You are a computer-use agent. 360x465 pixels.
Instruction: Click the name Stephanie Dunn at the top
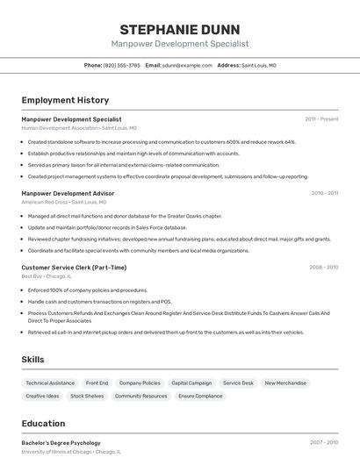coord(180,29)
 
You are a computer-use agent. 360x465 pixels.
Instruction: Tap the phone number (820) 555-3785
coord(122,65)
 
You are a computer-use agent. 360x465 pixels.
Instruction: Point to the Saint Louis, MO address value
coord(259,65)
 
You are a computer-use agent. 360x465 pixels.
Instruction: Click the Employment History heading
coord(65,101)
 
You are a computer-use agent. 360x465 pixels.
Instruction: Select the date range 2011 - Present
coord(321,119)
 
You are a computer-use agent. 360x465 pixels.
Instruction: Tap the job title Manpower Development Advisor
coord(68,193)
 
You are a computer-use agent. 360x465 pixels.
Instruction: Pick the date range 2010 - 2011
coord(324,193)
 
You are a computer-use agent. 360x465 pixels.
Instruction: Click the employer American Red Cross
coord(44,202)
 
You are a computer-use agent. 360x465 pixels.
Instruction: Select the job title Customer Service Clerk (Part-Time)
coord(74,268)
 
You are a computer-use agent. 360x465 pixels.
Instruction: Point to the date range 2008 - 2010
coord(323,268)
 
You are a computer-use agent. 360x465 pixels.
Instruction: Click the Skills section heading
coord(33,360)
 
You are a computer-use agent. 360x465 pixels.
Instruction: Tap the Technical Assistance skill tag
coord(50,383)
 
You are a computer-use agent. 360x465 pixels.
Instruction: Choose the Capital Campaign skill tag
coord(191,383)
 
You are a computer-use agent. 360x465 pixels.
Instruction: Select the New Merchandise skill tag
coord(285,383)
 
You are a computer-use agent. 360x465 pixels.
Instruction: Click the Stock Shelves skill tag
coord(87,397)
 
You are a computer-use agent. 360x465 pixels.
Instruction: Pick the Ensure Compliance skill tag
coord(201,397)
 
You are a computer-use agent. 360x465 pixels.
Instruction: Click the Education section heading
coord(43,424)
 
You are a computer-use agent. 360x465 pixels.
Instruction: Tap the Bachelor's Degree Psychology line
coord(61,443)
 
